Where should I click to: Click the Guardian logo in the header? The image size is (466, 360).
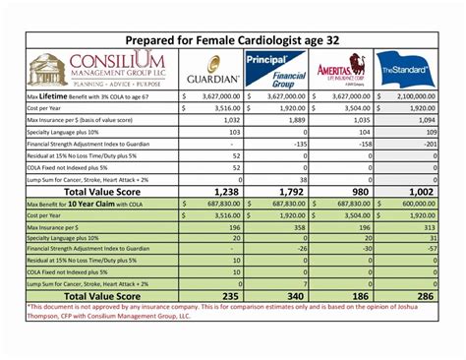[212, 70]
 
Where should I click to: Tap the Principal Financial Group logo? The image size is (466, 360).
[276, 69]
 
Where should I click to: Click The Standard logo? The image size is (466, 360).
[404, 69]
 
